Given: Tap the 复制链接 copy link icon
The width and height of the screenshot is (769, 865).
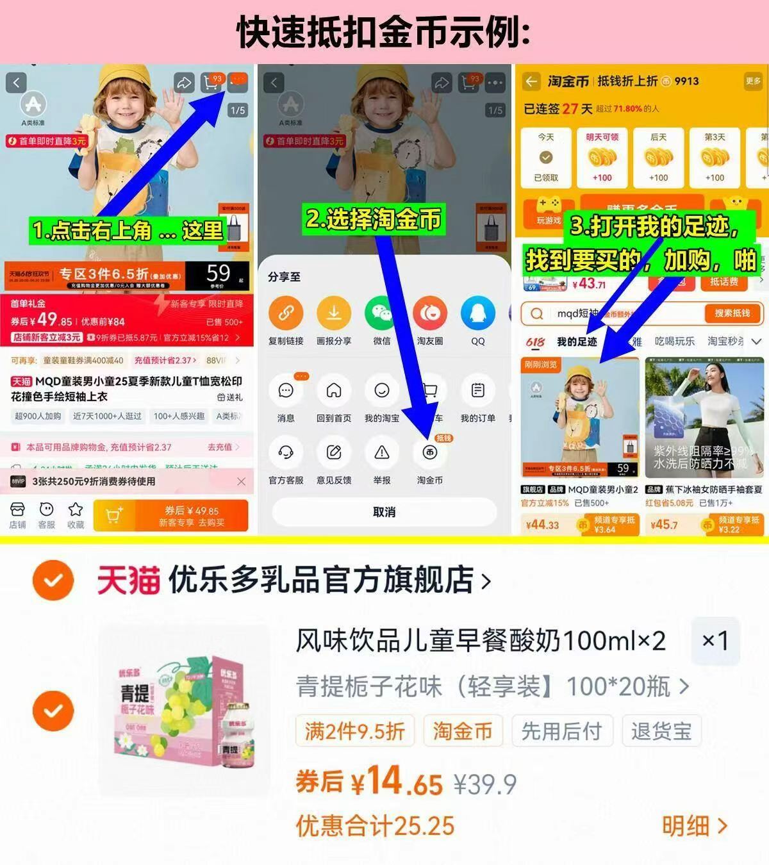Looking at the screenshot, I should tap(286, 313).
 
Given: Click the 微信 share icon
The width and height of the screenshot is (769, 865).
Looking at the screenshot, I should tap(382, 313).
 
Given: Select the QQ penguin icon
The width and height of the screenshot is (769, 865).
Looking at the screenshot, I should tap(477, 313).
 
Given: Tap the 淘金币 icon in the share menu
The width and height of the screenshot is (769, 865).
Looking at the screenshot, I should tap(429, 453).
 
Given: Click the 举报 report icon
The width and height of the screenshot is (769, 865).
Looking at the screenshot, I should tap(382, 453).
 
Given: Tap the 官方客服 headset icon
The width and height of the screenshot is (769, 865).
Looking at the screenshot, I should tap(286, 453).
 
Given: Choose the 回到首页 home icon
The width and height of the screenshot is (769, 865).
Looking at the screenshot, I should tap(334, 391).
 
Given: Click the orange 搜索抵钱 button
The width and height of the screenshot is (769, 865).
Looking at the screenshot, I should tap(732, 313).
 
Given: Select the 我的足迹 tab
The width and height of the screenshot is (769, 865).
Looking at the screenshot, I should tap(577, 342).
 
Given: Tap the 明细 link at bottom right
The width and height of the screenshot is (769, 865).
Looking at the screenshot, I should tap(695, 827).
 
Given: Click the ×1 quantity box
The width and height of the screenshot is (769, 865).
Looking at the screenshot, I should tap(715, 641).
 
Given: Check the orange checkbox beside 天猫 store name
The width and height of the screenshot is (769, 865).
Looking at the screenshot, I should tap(53, 581).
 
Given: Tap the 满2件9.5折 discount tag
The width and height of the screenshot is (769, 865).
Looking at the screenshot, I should tap(355, 731).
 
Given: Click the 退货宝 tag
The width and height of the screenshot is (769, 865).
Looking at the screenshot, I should tap(661, 731).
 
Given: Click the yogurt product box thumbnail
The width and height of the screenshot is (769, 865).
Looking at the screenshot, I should tap(185, 711).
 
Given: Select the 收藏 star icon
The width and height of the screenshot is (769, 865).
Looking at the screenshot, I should tap(76, 515).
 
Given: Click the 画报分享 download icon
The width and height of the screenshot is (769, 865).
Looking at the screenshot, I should tap(334, 313).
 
